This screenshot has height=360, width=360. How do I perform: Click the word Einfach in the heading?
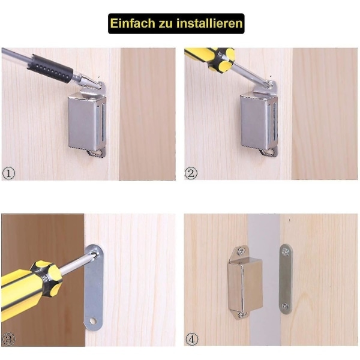[133, 23]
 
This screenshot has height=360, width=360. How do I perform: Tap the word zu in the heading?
[166, 24]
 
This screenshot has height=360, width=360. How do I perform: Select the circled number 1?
[9, 173]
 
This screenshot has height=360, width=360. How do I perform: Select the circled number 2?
[191, 173]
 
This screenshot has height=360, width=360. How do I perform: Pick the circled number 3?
[9, 340]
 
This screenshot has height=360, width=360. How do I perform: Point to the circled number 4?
[192, 340]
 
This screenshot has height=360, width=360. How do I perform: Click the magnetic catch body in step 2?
[259, 122]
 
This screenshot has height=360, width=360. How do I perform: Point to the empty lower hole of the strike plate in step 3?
[93, 320]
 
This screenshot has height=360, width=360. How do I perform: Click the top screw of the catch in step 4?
[241, 251]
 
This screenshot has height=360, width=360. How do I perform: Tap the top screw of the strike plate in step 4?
[286, 252]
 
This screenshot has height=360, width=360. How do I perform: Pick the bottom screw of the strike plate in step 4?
[285, 306]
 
